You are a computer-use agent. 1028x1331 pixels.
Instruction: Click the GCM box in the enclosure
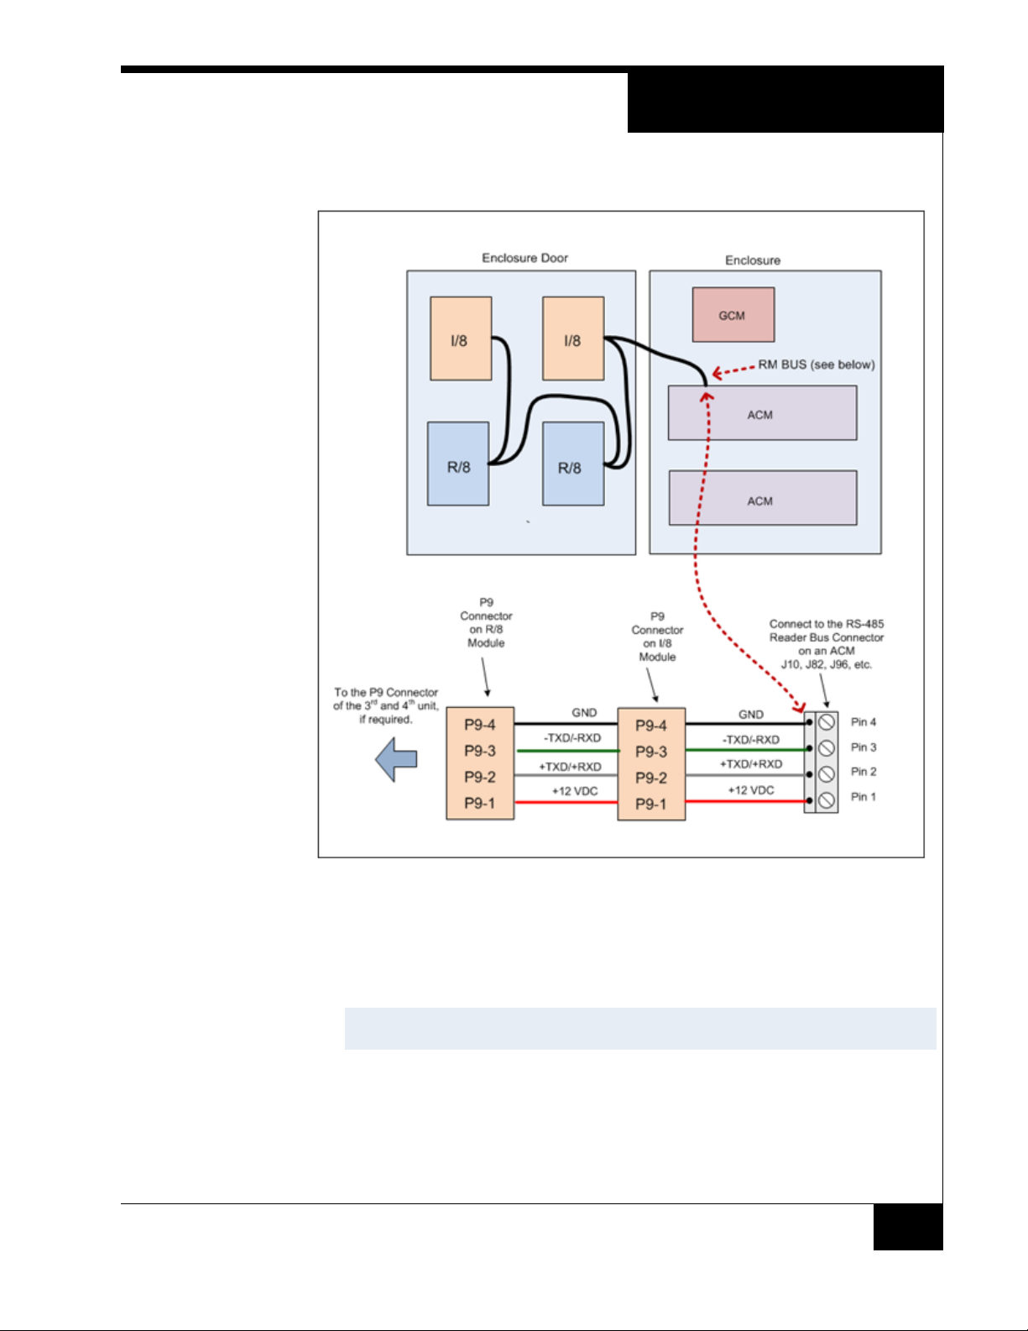pyautogui.click(x=733, y=315)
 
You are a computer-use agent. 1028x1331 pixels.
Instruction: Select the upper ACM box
pyautogui.click(x=762, y=413)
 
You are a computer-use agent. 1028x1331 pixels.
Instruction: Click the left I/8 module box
pyautogui.click(x=461, y=338)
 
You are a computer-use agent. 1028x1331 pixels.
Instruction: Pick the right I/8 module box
pyautogui.click(x=573, y=338)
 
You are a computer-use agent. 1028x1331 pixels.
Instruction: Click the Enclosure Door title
pyautogui.click(x=524, y=258)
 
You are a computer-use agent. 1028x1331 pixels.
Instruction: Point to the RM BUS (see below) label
pyautogui.click(x=816, y=364)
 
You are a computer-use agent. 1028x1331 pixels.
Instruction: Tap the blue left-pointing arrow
pyautogui.click(x=396, y=760)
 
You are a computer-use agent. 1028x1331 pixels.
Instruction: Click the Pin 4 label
pyautogui.click(x=863, y=722)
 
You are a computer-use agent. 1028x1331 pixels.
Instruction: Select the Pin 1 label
pyautogui.click(x=863, y=797)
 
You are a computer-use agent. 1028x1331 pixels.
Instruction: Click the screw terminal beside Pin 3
pyautogui.click(x=827, y=747)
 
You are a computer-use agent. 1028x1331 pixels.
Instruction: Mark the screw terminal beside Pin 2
pyautogui.click(x=827, y=773)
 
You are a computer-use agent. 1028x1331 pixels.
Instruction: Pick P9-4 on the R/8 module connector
pyautogui.click(x=480, y=725)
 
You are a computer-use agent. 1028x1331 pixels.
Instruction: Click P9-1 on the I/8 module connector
pyautogui.click(x=651, y=804)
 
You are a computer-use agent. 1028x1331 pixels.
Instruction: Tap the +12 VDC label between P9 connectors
pyautogui.click(x=575, y=791)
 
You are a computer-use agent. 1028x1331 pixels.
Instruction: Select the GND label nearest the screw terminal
pyautogui.click(x=751, y=715)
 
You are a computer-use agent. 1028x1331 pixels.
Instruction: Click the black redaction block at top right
pyautogui.click(x=785, y=101)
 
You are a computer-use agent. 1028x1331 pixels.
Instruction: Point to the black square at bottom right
pyautogui.click(x=907, y=1227)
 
